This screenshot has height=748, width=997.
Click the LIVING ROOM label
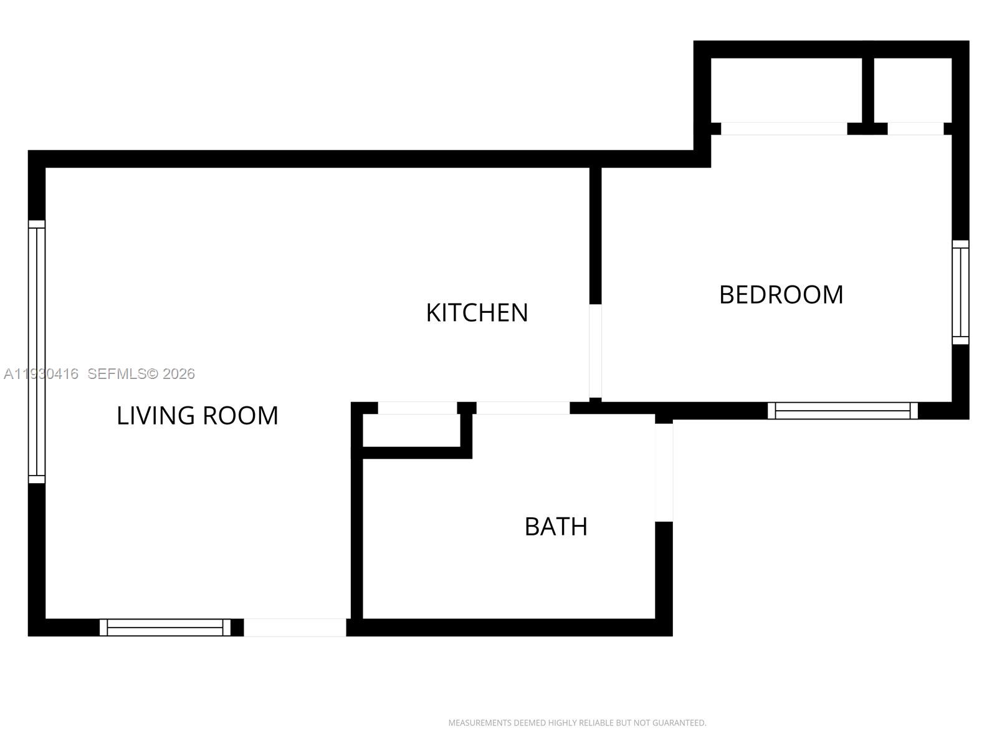(x=198, y=416)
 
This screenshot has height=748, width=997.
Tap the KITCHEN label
(x=477, y=313)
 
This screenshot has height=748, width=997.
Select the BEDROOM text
(x=781, y=295)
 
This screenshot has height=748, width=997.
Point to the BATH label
(x=556, y=527)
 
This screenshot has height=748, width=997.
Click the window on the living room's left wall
(x=37, y=352)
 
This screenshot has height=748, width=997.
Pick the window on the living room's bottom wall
(x=165, y=627)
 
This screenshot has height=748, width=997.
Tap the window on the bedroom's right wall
(x=960, y=292)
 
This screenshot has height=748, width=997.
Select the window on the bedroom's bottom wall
(x=842, y=410)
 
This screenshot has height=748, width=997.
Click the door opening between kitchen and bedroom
(x=595, y=350)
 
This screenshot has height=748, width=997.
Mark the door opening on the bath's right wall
(x=664, y=472)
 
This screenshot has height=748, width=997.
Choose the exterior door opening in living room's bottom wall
(x=295, y=627)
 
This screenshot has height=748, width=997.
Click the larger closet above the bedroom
(x=786, y=90)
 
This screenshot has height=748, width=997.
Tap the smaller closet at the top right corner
(x=912, y=90)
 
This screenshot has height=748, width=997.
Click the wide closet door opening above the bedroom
(x=784, y=128)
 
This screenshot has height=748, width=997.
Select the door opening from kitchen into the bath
(x=523, y=408)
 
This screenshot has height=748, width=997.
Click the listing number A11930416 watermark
(x=41, y=374)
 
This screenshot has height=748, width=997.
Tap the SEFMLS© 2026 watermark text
(x=141, y=374)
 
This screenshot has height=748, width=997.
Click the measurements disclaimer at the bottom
(x=577, y=723)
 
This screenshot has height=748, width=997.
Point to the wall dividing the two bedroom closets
(x=867, y=87)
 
